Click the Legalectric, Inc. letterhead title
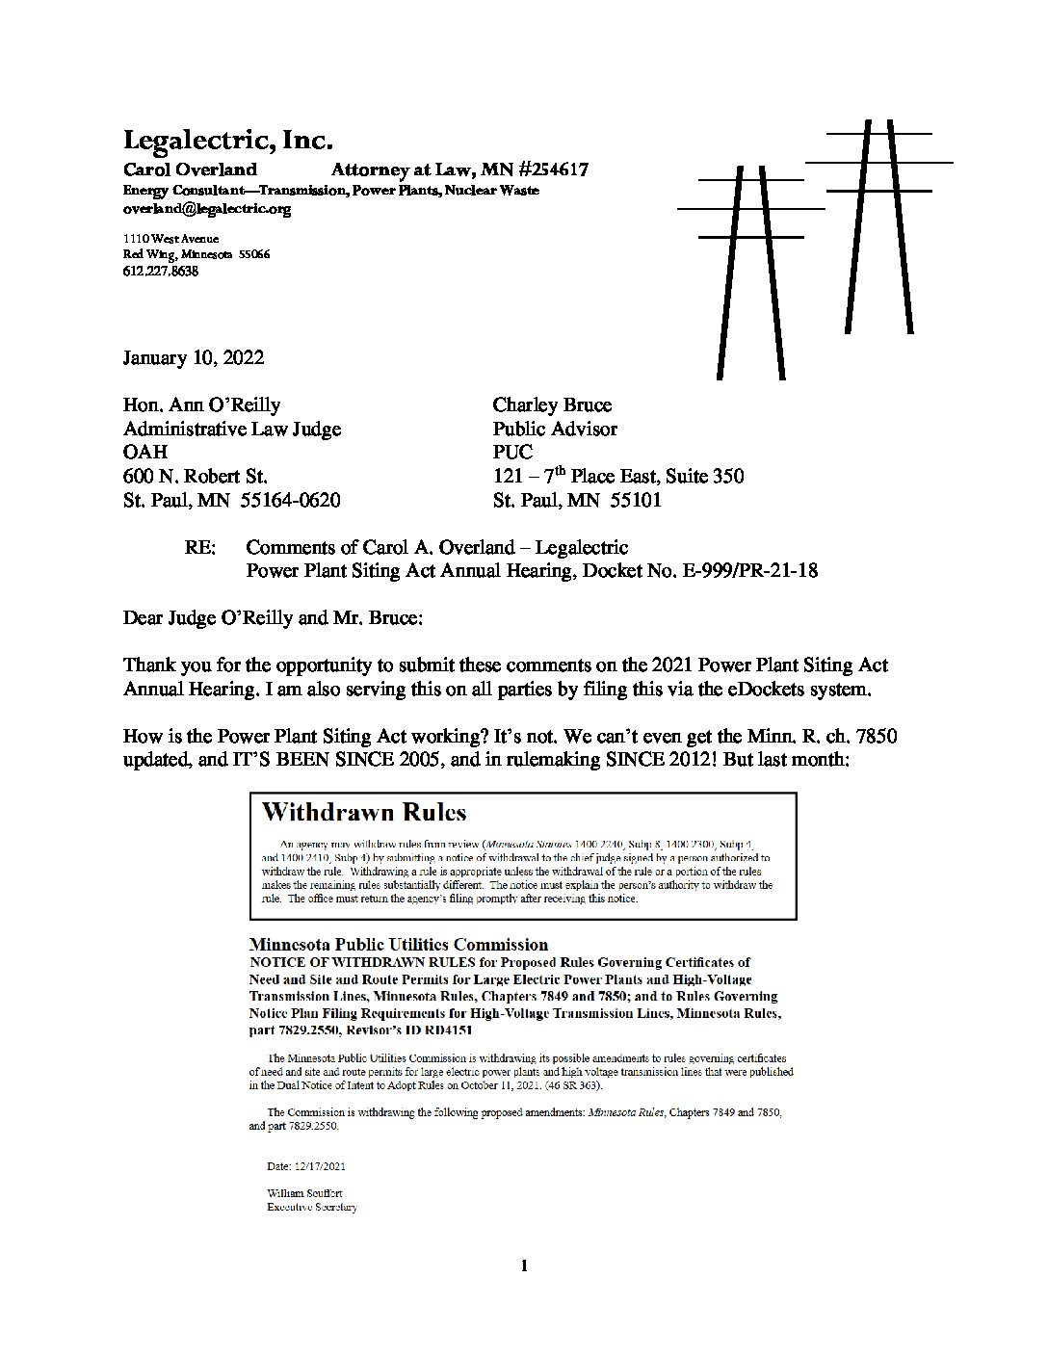tap(228, 141)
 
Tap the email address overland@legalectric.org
tap(207, 208)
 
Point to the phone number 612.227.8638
tap(161, 272)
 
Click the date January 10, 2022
tap(194, 357)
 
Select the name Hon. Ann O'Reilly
tap(202, 404)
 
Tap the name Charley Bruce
tap(552, 404)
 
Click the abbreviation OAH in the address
tap(145, 452)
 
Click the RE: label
tap(200, 547)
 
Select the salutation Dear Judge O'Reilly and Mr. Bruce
tap(273, 617)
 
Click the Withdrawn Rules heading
tap(364, 812)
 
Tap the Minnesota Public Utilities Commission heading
tap(398, 945)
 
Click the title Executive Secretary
tap(311, 1208)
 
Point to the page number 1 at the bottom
tap(524, 1266)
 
